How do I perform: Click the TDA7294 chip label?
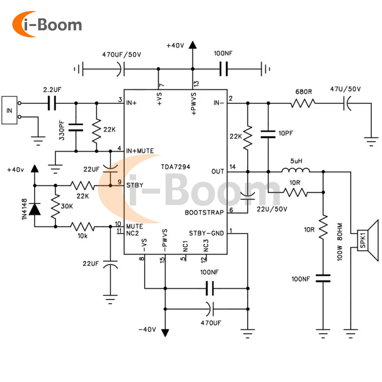(176, 167)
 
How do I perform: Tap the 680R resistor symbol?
(303, 103)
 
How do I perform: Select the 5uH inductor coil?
(296, 171)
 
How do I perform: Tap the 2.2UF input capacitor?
(52, 103)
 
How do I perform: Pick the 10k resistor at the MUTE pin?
(82, 227)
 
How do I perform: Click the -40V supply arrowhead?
(165, 332)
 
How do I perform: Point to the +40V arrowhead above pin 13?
(193, 45)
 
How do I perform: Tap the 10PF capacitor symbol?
(268, 134)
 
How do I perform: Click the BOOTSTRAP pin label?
(204, 212)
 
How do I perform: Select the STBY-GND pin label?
(206, 233)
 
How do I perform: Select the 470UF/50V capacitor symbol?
(120, 69)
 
